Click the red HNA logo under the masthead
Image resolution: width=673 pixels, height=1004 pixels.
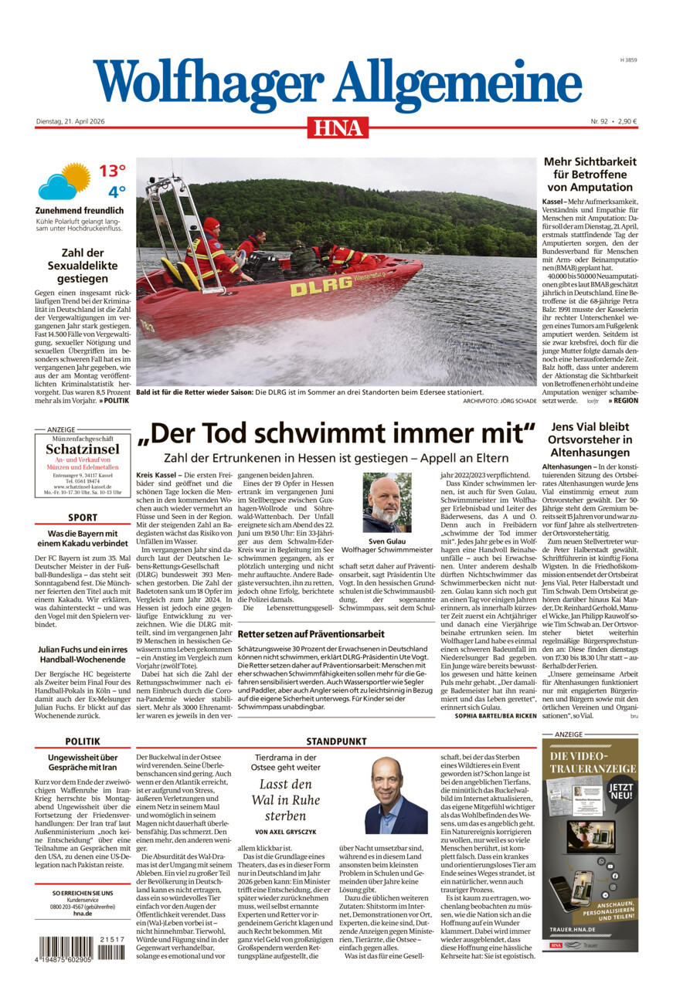[338, 127]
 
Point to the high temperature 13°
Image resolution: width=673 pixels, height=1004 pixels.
[111, 171]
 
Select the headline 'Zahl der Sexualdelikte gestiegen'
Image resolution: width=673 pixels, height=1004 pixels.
[81, 265]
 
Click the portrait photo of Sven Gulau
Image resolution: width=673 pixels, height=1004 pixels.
[387, 503]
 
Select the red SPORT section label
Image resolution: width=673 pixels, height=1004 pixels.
[82, 517]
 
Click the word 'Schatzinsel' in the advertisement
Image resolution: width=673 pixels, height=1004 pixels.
[82, 449]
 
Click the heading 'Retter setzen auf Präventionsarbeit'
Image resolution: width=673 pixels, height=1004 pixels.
[311, 633]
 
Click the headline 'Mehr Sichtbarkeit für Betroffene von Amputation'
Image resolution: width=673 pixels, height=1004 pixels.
[590, 174]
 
